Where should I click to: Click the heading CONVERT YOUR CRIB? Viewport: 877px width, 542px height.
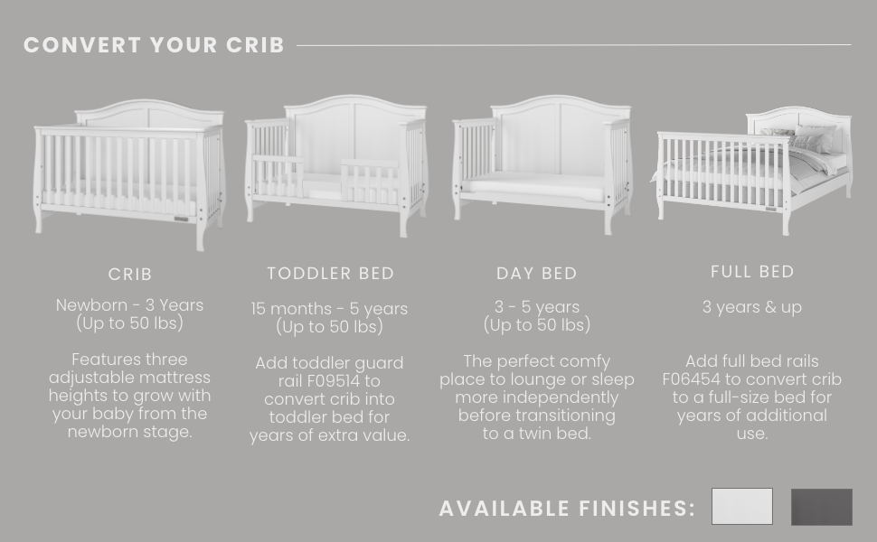tap(154, 45)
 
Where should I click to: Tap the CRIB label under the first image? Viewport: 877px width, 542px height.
tap(130, 275)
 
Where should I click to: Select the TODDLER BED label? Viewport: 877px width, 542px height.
tap(331, 273)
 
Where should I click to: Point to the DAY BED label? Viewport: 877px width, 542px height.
tap(536, 273)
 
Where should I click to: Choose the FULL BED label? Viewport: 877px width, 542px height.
tap(752, 272)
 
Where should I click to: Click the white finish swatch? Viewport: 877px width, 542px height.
tap(742, 506)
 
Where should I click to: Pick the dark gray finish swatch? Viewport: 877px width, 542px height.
tap(822, 507)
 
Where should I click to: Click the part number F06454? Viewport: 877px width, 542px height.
tap(691, 379)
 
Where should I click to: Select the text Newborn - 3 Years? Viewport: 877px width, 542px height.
tap(130, 305)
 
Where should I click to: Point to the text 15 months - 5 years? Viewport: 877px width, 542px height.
tap(329, 308)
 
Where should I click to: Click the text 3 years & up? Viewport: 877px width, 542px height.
tap(752, 307)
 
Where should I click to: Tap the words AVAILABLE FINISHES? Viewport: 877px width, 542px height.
tap(567, 509)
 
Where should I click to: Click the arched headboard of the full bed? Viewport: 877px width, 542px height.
tap(798, 126)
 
